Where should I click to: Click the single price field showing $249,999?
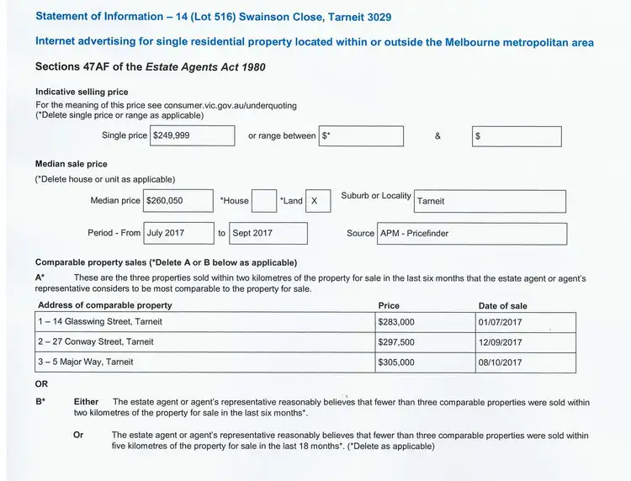pos(192,136)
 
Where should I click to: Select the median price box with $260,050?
pos(177,201)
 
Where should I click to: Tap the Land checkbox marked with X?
pos(317,201)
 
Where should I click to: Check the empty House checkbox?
pos(264,201)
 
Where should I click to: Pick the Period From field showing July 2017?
pos(178,233)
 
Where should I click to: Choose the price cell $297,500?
pos(424,342)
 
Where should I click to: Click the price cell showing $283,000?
pos(424,322)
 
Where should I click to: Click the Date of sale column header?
pos(502,306)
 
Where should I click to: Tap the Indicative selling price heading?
pos(82,92)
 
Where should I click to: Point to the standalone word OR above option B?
pos(42,383)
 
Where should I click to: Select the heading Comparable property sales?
pos(91,262)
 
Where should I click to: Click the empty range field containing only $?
pos(517,136)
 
